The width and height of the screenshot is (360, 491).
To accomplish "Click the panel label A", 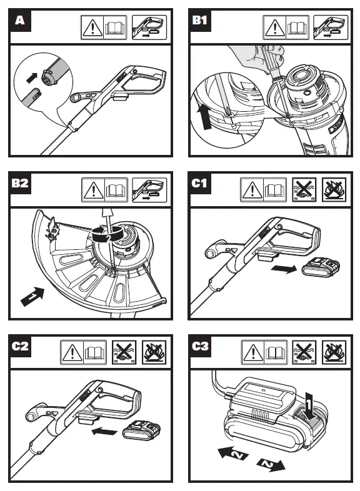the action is [20, 21].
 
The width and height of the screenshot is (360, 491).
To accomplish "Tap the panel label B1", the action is [199, 21].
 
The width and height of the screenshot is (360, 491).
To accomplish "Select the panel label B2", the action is [20, 183].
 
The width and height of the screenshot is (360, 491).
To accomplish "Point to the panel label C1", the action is [199, 183].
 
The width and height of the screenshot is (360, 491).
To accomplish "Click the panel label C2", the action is [20, 346].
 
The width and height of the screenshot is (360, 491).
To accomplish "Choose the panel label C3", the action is [200, 346].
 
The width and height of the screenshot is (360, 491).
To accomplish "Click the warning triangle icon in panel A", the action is [92, 27].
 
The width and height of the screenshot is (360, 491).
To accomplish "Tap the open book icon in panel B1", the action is [297, 27].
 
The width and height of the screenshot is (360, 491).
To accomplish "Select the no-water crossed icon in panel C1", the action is [304, 189].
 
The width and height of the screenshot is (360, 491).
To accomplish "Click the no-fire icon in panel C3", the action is [334, 352].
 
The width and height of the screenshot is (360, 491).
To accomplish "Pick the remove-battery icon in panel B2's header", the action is [149, 190].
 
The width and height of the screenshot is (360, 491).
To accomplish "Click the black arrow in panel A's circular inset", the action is [32, 78].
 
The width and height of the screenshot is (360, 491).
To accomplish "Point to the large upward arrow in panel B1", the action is [204, 117].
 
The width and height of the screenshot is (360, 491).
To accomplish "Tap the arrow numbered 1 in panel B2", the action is [32, 296].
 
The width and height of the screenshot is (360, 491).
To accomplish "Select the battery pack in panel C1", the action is [321, 267].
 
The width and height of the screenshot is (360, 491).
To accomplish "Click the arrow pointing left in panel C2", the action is [104, 432].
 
